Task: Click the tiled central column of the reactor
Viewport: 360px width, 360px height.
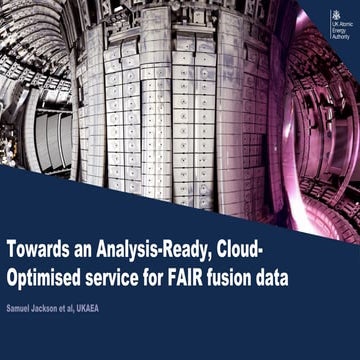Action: pos(170,110)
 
